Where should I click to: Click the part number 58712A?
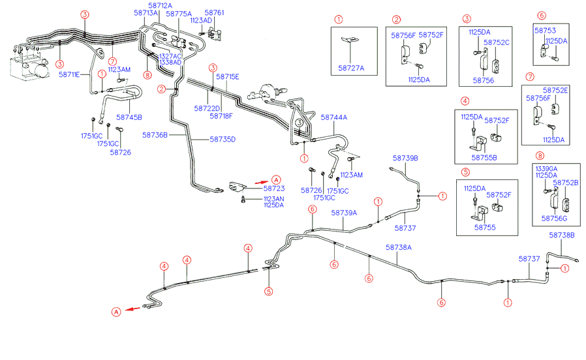pos(160,6)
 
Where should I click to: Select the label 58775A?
pos(179,14)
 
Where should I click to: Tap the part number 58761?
pos(214,12)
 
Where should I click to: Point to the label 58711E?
pos(69,74)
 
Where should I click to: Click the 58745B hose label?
pos(129,117)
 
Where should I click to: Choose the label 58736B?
pos(155,135)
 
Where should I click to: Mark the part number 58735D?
pos(223,140)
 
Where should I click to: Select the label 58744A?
pos(333,117)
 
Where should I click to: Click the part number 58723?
pos(274,188)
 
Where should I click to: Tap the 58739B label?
pos(405,158)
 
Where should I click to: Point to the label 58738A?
pos(399,247)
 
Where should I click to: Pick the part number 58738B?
pos(562,235)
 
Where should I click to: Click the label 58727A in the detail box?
pos(351,68)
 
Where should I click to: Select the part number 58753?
pos(545,31)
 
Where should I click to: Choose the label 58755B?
pos(484,158)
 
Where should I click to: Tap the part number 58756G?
pos(554,218)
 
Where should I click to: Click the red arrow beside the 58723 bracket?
pos(261,182)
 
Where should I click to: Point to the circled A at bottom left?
pos(116,312)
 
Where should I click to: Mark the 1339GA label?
pos(546,169)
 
